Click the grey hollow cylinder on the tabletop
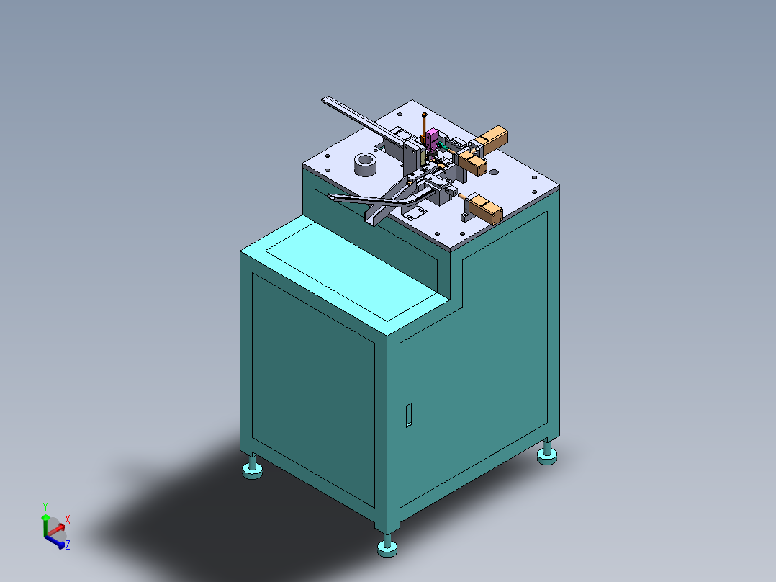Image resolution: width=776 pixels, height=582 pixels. coord(366,165)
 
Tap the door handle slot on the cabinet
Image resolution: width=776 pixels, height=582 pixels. coord(409,414)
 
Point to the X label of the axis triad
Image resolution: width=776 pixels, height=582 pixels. coord(68,519)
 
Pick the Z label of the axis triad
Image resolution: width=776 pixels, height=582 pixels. coord(67,545)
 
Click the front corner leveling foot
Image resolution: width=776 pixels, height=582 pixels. coord(387,548)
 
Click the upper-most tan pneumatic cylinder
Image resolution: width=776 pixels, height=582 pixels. coord(493,138)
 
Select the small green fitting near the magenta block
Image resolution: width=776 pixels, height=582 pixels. coord(443,146)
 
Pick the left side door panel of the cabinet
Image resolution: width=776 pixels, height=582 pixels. coord(313,382)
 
